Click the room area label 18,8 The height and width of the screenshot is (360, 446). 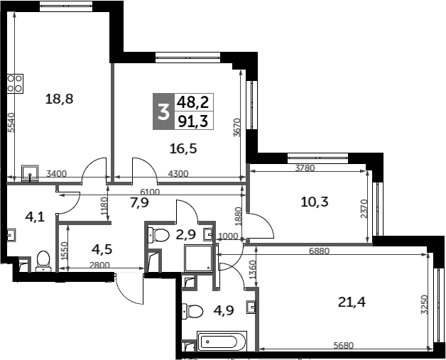pos(60,99)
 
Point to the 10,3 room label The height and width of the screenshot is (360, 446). pos(314,202)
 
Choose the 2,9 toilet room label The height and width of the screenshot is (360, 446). pos(184,233)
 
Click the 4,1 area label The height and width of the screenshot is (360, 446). pos(34,217)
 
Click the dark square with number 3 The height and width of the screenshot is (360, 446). pos(163,111)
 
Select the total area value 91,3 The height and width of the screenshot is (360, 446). pos(193,121)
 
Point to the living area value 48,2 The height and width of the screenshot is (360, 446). pos(193,102)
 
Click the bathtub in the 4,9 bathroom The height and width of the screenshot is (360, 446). pos(220,342)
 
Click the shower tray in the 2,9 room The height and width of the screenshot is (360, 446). pos(198,258)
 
